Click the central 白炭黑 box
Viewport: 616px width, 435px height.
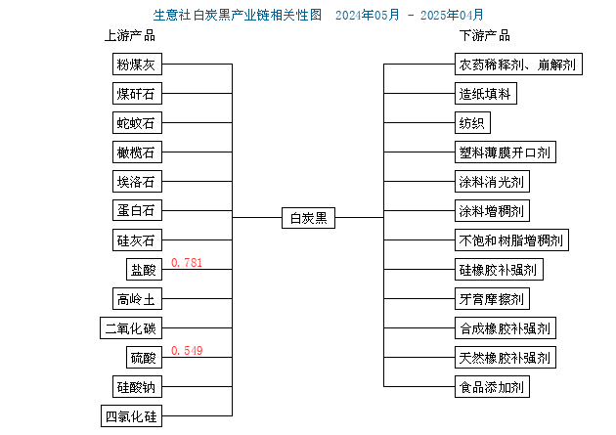click(308, 218)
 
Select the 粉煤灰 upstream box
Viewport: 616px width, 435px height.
click(137, 64)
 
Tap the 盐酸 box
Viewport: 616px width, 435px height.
click(144, 270)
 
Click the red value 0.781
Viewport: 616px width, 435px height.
click(187, 262)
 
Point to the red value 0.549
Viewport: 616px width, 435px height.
click(187, 350)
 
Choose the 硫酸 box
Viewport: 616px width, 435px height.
click(144, 357)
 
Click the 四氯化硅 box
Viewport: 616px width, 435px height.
click(131, 416)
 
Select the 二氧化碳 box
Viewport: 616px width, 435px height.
click(131, 327)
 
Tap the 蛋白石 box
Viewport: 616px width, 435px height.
click(137, 210)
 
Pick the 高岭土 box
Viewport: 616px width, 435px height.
click(137, 299)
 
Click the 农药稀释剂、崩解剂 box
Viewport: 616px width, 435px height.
click(518, 64)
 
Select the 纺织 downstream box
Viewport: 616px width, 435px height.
click(472, 123)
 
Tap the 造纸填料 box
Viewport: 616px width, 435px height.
click(486, 94)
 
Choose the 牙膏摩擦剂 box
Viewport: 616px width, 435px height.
click(492, 299)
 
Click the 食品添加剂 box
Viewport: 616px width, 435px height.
click(492, 387)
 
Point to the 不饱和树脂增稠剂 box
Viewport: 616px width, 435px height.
click(511, 239)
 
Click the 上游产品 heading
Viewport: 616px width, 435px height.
click(130, 36)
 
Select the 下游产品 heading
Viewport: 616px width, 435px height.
click(485, 36)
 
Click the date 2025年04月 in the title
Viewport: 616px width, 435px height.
click(452, 15)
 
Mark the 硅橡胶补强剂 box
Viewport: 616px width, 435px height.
click(499, 270)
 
